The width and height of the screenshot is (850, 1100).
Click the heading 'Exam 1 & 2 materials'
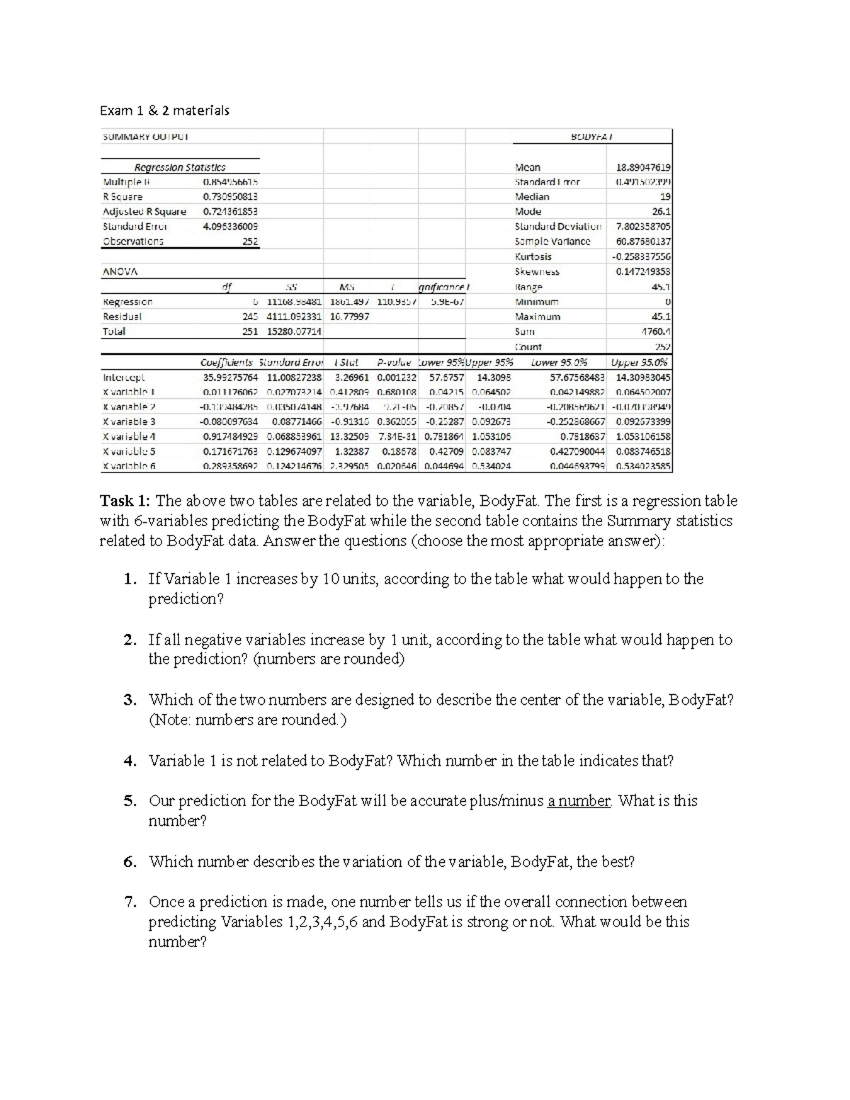(x=164, y=110)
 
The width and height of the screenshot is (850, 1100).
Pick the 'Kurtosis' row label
(x=533, y=256)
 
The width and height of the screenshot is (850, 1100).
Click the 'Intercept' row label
(x=123, y=378)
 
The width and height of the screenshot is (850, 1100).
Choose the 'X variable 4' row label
(x=129, y=437)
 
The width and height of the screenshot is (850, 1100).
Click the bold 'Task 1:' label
(x=125, y=501)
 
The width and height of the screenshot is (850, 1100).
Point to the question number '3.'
(x=130, y=701)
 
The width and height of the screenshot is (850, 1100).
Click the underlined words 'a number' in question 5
(x=579, y=801)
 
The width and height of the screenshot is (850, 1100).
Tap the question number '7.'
(x=130, y=902)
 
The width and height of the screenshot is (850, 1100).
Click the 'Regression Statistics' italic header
(x=180, y=167)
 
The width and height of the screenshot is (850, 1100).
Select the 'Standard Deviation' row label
(x=557, y=227)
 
